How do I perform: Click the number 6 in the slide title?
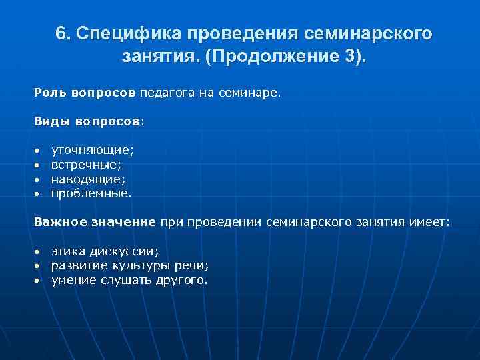[x=61, y=34]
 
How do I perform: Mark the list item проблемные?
[x=91, y=193]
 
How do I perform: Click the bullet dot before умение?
[x=38, y=281]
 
